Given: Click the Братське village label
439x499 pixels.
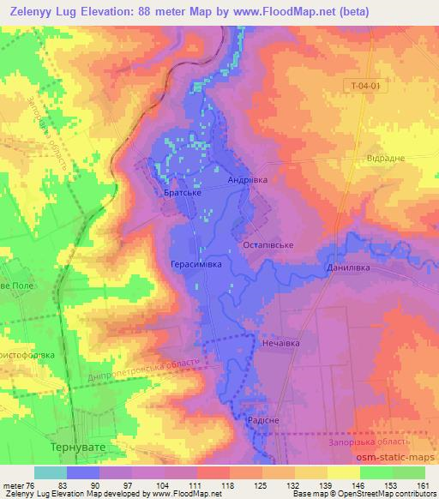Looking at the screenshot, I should click(182, 194).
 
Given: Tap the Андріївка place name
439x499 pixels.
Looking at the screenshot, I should click(248, 181).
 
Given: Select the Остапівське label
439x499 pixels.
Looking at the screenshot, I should click(269, 245).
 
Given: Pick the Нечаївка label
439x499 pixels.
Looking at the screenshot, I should click(279, 342).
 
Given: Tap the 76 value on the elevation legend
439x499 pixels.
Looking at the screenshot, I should click(33, 484).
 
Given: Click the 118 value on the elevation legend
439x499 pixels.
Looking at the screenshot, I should click(229, 484).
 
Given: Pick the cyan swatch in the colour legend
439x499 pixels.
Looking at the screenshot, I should click(51, 472).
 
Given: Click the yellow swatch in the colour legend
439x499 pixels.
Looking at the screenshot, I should click(344, 472).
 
